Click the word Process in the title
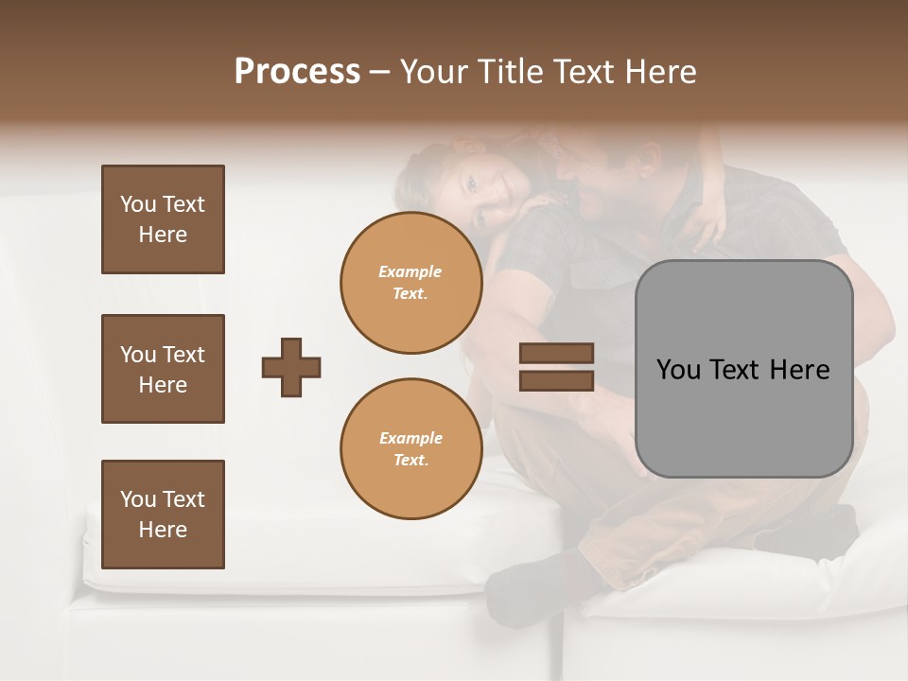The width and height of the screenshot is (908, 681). pyautogui.click(x=297, y=72)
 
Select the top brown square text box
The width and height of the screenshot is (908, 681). pyautogui.click(x=163, y=219)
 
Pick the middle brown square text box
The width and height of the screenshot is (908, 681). pyautogui.click(x=163, y=369)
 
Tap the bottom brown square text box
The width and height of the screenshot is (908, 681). pyautogui.click(x=163, y=515)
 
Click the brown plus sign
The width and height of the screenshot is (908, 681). pyautogui.click(x=291, y=367)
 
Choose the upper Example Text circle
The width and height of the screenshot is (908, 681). pyautogui.click(x=410, y=283)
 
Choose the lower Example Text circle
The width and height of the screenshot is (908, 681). pyautogui.click(x=410, y=449)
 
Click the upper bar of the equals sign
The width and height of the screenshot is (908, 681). pyautogui.click(x=556, y=354)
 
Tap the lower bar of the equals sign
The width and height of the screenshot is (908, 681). pyautogui.click(x=556, y=380)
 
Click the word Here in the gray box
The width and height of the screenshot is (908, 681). pyautogui.click(x=799, y=370)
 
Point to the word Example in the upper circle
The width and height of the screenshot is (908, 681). pyautogui.click(x=410, y=271)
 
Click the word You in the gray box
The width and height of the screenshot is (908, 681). pyautogui.click(x=678, y=370)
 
